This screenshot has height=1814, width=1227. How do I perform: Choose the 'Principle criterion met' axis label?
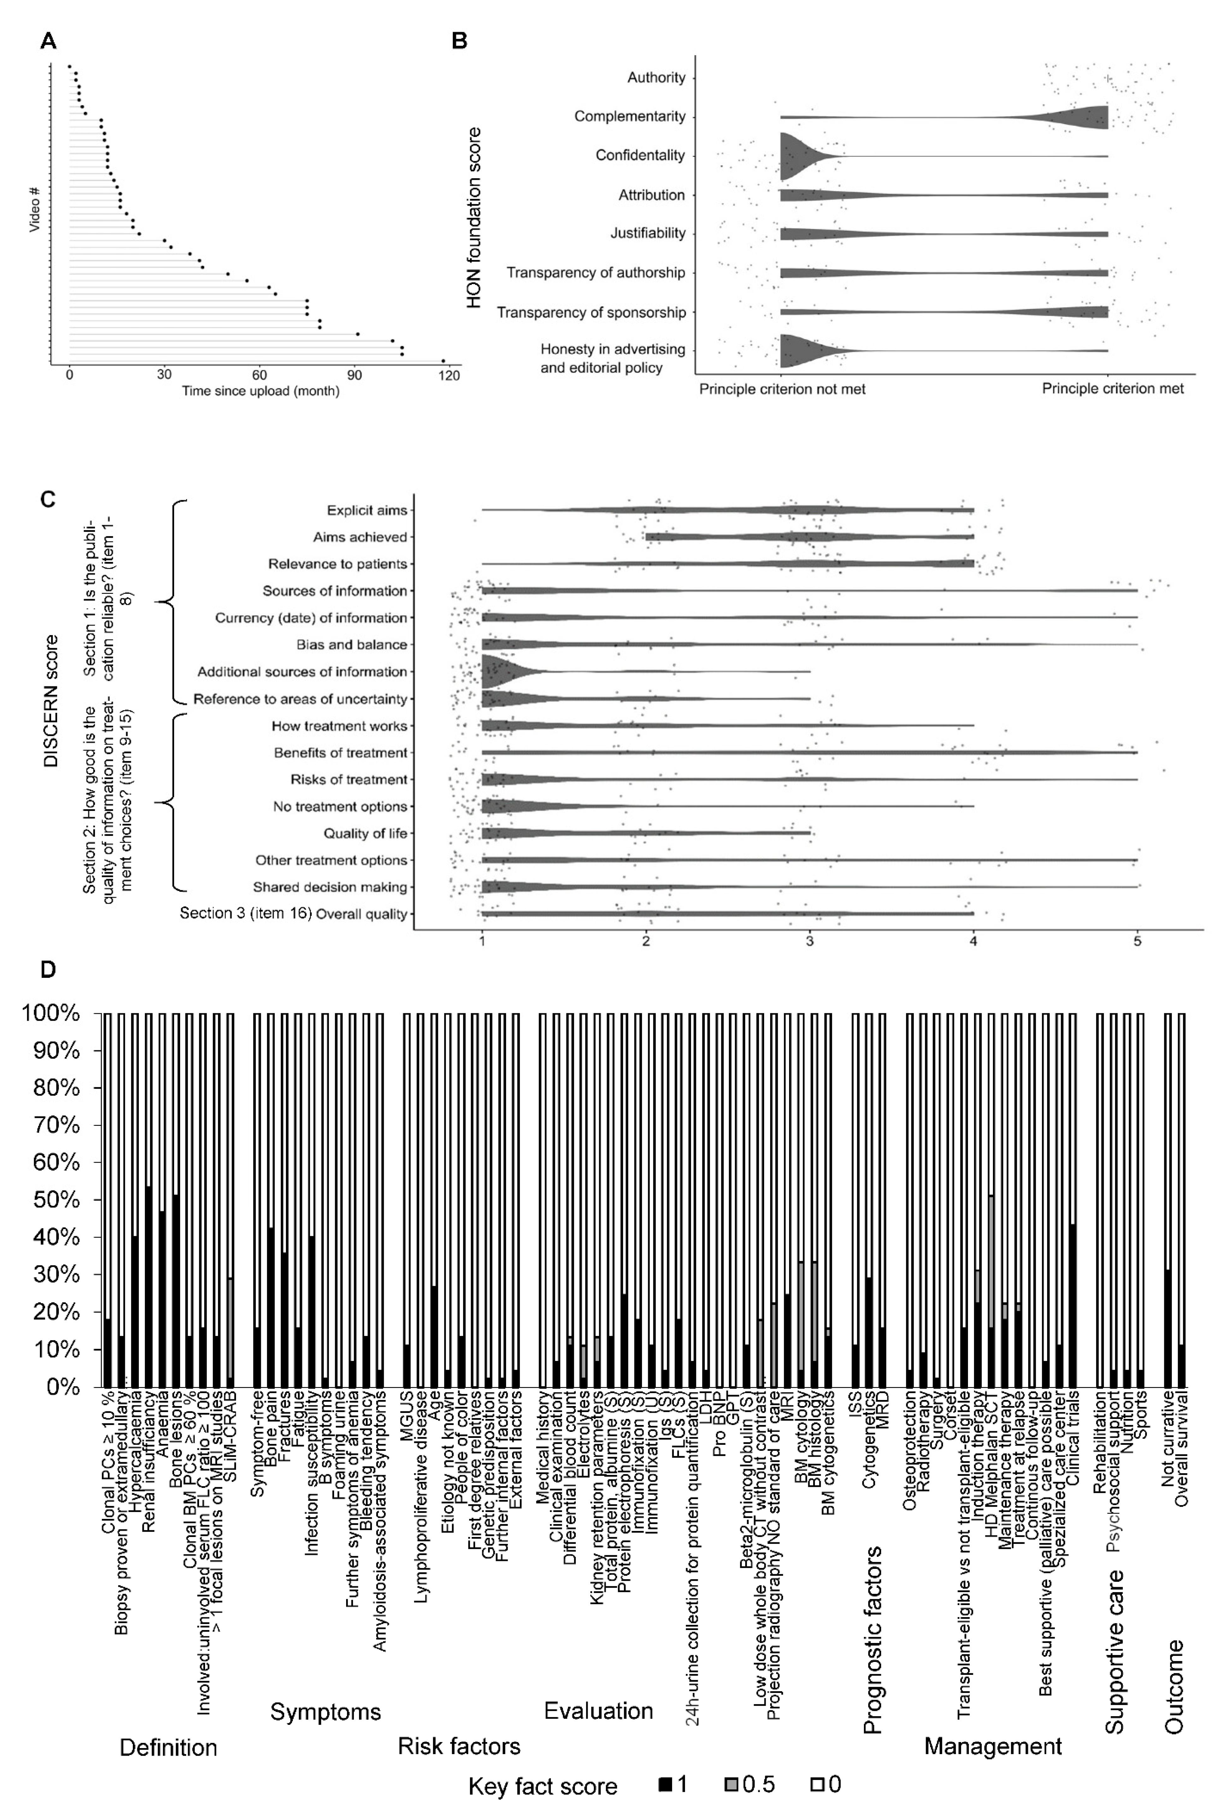click(x=1112, y=389)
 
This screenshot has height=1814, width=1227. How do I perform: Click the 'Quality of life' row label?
click(x=365, y=834)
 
